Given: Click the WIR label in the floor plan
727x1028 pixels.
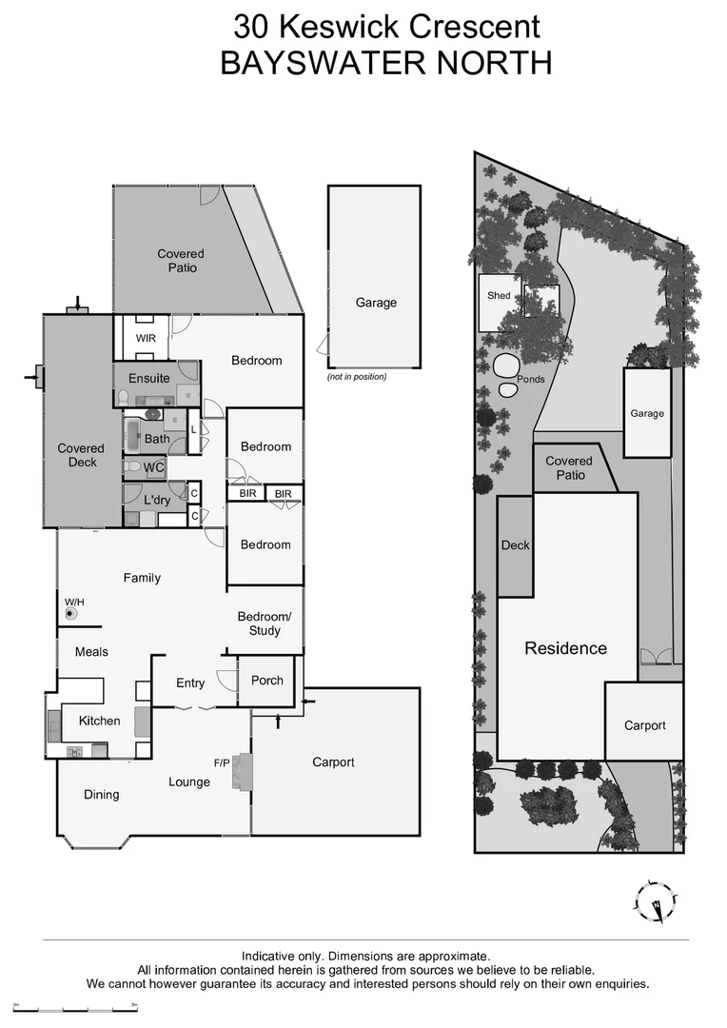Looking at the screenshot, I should coord(146,338).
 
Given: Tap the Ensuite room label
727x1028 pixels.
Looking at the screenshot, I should coord(149,378).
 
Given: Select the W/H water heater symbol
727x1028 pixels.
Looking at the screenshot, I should coord(70,614).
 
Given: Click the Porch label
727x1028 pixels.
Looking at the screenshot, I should coord(267,681).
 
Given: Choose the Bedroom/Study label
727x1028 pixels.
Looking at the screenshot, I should coord(265,623).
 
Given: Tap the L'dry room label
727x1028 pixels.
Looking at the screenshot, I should coord(157,500).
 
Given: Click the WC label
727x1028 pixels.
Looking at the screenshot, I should coord(154,467).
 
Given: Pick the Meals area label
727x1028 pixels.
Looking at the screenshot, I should coord(91,652).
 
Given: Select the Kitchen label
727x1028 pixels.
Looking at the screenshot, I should coord(99,721).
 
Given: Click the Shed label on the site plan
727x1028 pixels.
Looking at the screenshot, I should coord(499,296).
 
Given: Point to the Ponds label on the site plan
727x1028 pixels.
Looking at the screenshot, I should coord(530,379).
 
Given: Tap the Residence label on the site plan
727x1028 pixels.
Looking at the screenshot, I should coord(565,648).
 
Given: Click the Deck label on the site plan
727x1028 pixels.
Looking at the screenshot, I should coord(515,545).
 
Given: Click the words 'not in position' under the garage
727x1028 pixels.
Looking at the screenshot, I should coord(357,377).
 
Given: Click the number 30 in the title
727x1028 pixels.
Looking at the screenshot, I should coord(252,26).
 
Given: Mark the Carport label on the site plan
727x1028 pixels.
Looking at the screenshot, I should coord(644,725).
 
